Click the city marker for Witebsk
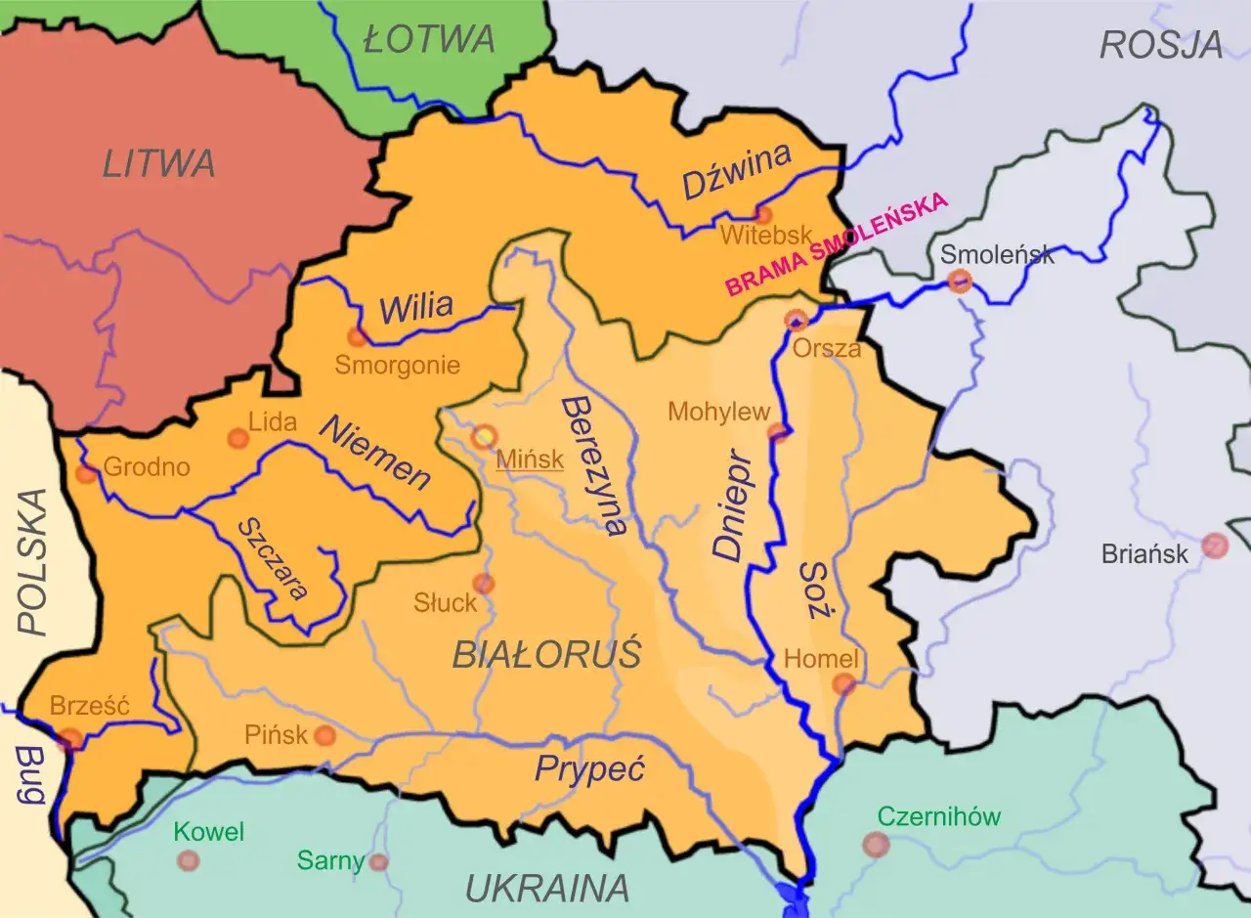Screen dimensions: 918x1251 (x=763, y=214)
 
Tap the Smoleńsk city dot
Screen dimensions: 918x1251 (x=960, y=283)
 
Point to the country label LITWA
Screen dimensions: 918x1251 (x=158, y=163)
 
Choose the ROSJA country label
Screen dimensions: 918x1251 (x=1161, y=44)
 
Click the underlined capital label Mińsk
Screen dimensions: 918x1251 (x=530, y=459)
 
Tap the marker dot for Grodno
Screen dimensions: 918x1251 (x=87, y=474)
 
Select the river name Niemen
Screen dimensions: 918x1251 (x=375, y=452)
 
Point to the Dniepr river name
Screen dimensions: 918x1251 (x=731, y=505)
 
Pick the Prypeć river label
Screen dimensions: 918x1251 (x=590, y=769)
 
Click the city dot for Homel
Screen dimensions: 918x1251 (x=843, y=683)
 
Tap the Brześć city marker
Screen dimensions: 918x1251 (x=70, y=738)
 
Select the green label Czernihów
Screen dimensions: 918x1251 (x=939, y=816)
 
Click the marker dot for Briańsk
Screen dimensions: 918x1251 (x=1215, y=546)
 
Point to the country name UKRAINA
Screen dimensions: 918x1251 (x=546, y=889)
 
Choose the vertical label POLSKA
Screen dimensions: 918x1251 (x=32, y=562)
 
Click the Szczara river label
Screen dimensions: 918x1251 (x=274, y=558)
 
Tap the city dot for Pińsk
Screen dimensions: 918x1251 (x=324, y=735)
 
